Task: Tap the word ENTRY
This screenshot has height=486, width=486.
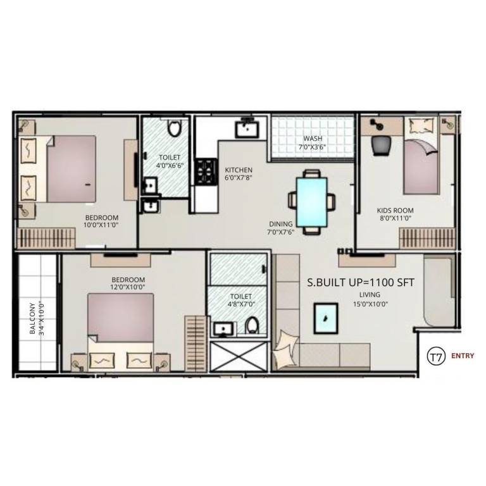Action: pyautogui.click(x=463, y=356)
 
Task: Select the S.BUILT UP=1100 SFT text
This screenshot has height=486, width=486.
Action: pyautogui.click(x=361, y=283)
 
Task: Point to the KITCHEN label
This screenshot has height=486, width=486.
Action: pyautogui.click(x=239, y=170)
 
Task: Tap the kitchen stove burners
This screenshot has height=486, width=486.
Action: pyautogui.click(x=204, y=171)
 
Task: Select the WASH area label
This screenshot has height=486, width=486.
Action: pyautogui.click(x=313, y=139)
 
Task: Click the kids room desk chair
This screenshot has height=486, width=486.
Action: pyautogui.click(x=380, y=145)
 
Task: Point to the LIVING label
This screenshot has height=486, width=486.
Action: pyautogui.click(x=370, y=295)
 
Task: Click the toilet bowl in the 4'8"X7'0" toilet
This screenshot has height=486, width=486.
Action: pyautogui.click(x=252, y=325)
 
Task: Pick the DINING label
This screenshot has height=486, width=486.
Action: pyautogui.click(x=280, y=223)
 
